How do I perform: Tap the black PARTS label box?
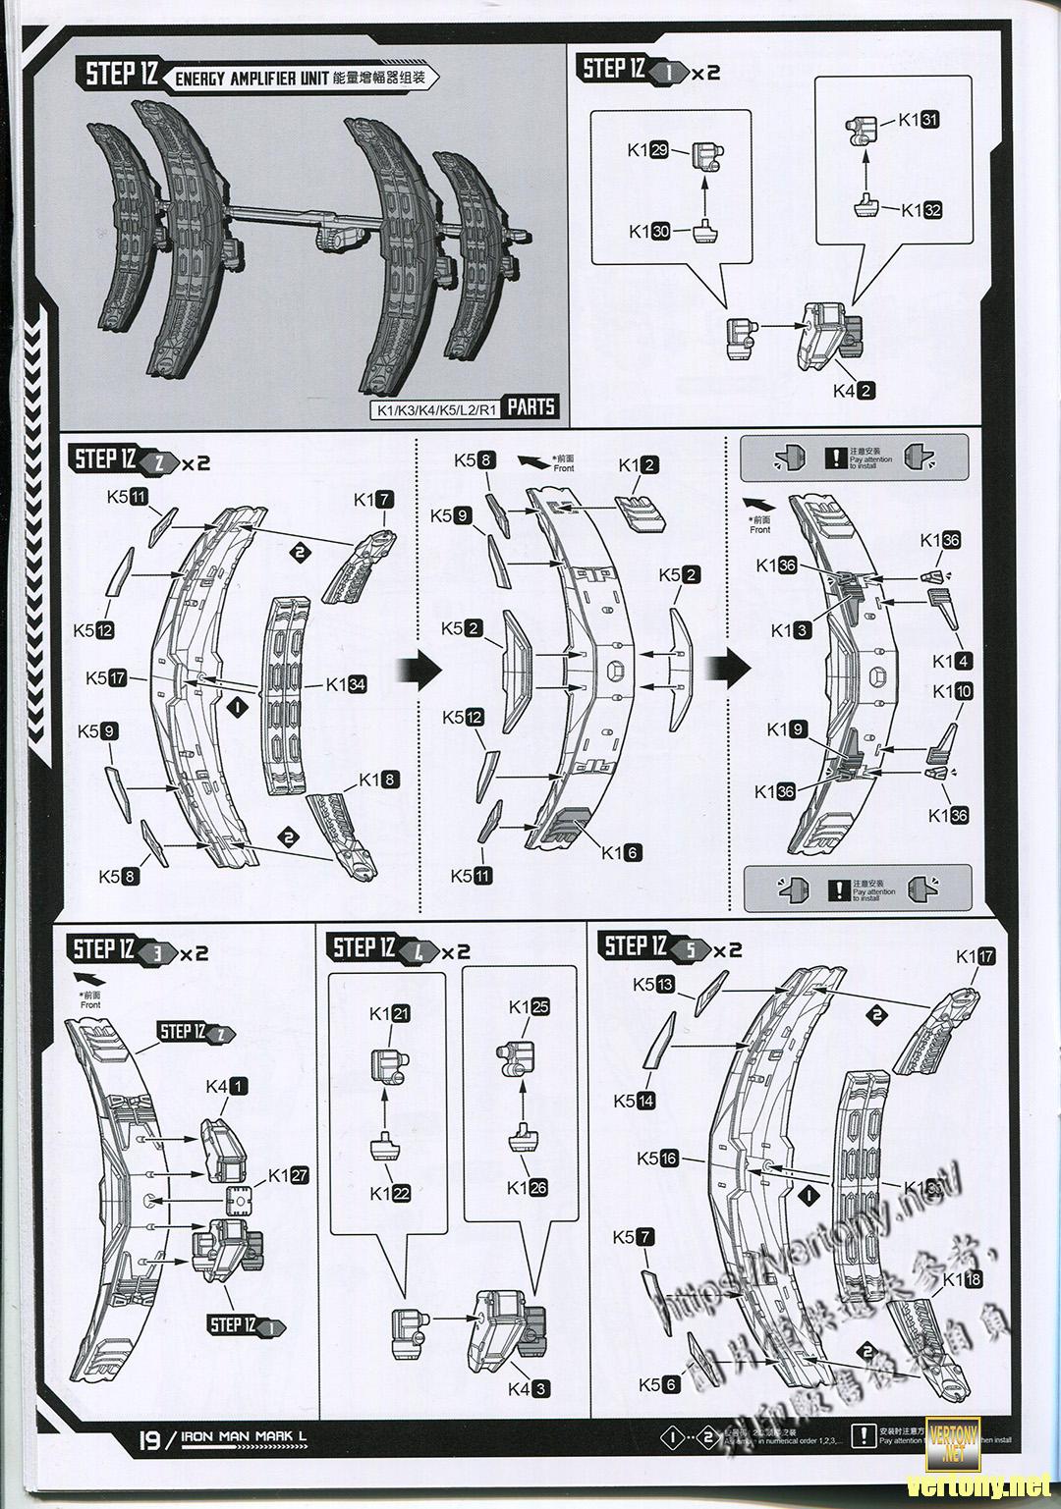(531, 406)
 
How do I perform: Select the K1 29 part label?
(648, 150)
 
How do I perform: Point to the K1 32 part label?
(921, 210)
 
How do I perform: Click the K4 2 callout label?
(854, 390)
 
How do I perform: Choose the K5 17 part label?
(105, 677)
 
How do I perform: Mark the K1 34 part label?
(346, 684)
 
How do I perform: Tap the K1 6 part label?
(621, 852)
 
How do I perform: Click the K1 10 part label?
(952, 691)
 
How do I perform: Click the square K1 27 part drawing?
(240, 1200)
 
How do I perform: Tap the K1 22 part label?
(390, 1194)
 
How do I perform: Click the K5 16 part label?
(657, 1159)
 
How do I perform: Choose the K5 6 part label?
(658, 1384)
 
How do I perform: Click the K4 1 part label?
(227, 1087)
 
